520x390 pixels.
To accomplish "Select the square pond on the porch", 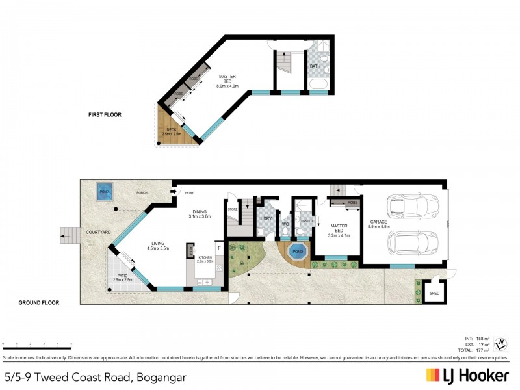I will coord(104,191).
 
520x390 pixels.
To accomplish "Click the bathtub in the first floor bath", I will coord(318,85).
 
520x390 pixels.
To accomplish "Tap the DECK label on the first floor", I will coord(172,131).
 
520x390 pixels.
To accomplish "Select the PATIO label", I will coord(123,278).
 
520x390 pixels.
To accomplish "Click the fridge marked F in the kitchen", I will coord(219,248).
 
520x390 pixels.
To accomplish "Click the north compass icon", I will coord(501,343).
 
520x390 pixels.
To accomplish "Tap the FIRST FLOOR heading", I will coord(105,115).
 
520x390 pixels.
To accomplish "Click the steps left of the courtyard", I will coord(67,233).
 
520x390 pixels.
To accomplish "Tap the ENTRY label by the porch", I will coord(189,192).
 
